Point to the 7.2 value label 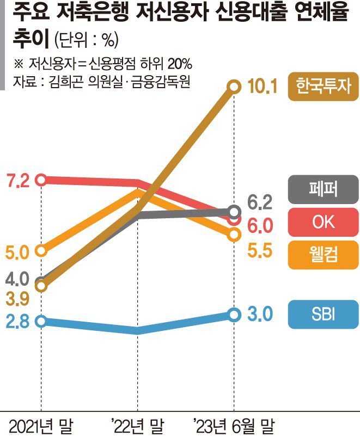tap(18, 180)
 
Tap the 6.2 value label tap(259, 204)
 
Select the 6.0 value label tap(259, 225)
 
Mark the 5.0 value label tap(18, 253)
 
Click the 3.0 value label tap(259, 315)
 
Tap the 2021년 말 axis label tap(41, 424)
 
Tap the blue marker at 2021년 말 tap(41, 321)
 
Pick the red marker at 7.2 tap(41, 179)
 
